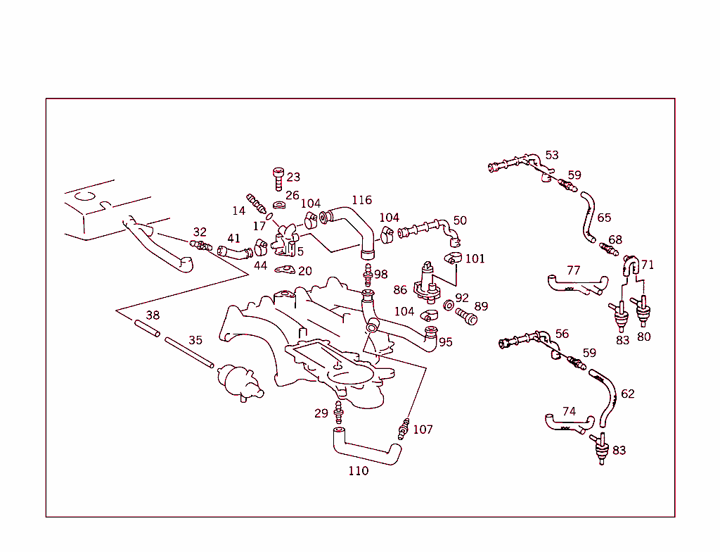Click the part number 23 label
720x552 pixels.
point(293,177)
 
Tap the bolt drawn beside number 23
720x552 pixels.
point(277,178)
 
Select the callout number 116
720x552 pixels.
point(361,201)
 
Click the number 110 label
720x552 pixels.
point(358,471)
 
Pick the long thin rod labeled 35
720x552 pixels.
point(188,352)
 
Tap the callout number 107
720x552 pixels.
point(423,429)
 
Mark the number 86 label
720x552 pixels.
point(400,289)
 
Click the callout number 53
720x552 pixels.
point(552,155)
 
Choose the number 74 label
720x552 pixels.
point(569,411)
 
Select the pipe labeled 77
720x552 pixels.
point(575,285)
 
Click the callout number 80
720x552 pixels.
point(644,337)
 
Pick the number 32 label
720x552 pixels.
point(200,232)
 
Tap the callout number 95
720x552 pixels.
point(446,342)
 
